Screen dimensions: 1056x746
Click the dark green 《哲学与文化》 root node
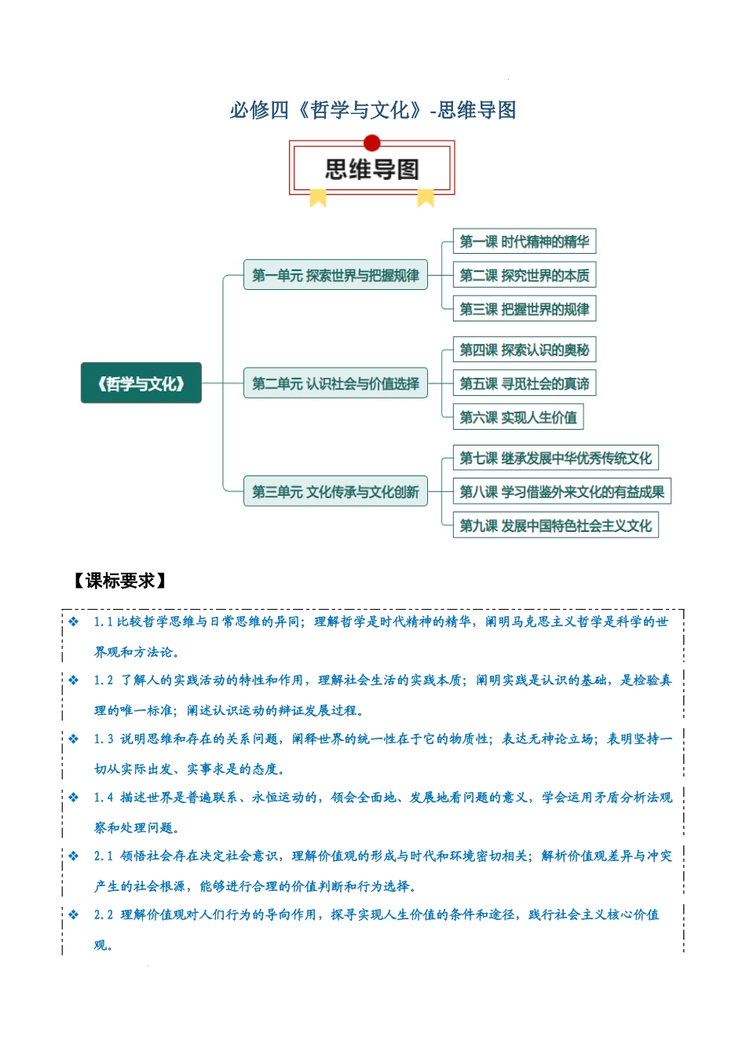tap(141, 383)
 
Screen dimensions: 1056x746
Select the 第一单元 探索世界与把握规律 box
tap(335, 275)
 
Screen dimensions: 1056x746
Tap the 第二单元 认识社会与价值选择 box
tap(335, 383)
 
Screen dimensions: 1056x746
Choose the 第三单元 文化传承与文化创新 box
tap(335, 492)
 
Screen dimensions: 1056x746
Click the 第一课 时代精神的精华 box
tap(525, 241)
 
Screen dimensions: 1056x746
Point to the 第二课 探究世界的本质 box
tap(525, 275)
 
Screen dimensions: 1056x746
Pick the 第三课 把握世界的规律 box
tap(525, 309)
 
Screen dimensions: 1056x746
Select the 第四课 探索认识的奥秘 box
tap(525, 350)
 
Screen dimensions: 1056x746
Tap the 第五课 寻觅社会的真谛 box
tap(525, 383)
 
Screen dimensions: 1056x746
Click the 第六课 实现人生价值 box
tap(518, 417)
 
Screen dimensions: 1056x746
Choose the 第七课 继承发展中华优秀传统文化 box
tap(556, 458)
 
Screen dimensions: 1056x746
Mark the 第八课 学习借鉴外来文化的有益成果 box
tap(562, 492)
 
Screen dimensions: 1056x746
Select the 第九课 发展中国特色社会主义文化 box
tap(556, 526)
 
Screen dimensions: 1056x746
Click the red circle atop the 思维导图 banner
tap(372, 143)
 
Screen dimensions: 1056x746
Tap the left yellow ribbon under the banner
tap(318, 197)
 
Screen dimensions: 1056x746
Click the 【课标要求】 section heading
tap(119, 581)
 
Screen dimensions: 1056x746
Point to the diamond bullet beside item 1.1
tap(74, 621)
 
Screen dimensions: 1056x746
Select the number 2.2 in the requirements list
tap(104, 915)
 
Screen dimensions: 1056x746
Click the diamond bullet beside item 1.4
tap(74, 797)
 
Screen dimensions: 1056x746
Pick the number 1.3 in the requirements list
tap(104, 739)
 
